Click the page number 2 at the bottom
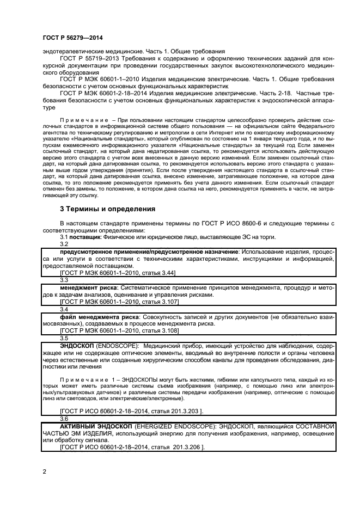pyautogui.click(x=44, y=470)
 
